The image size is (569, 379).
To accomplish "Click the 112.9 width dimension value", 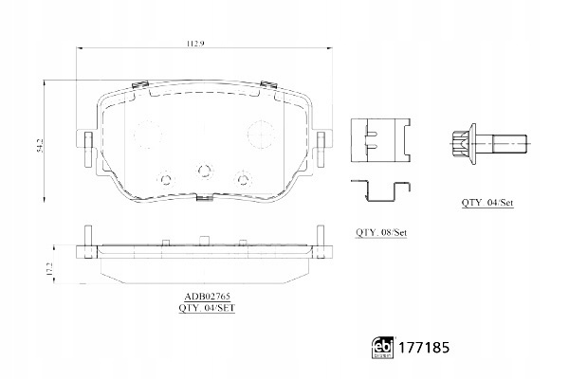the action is pos(195,44).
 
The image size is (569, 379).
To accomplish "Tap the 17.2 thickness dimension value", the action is pos(50,269).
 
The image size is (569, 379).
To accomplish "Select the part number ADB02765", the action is pos(207,297).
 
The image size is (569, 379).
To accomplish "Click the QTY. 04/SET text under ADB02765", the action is pos(207,308).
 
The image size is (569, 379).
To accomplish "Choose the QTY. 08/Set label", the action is pos(381,232).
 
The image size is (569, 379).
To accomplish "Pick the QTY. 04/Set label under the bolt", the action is pos(487,203).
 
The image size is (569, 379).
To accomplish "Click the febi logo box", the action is pos(383,348).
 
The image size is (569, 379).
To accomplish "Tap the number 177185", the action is pos(424,348).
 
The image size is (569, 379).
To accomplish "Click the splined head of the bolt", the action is pos(460,144).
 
